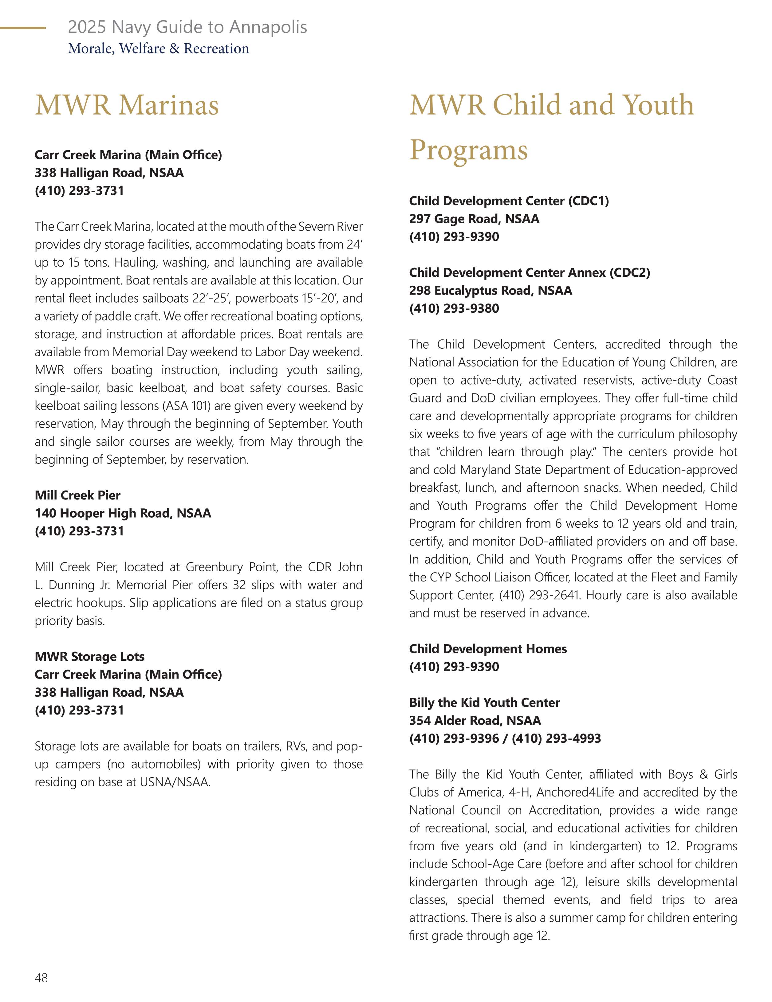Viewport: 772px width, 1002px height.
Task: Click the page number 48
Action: [41, 978]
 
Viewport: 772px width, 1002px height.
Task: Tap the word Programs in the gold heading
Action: [468, 150]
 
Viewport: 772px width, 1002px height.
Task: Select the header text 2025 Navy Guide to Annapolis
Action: [187, 27]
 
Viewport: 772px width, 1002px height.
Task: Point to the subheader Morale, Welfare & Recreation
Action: [158, 49]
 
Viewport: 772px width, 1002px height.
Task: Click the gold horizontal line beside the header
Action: [23, 28]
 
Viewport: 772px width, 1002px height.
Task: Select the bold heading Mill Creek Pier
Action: [77, 495]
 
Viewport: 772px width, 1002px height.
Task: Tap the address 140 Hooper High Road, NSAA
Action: [123, 513]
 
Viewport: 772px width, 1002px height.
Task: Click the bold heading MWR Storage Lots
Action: [89, 656]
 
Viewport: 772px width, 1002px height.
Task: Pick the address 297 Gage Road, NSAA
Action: [474, 219]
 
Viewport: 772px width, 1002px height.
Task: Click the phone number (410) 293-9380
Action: [454, 308]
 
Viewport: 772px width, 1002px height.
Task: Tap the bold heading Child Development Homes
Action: [488, 649]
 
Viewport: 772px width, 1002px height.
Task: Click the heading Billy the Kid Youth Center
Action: [484, 703]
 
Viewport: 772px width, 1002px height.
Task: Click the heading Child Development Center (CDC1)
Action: [509, 201]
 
